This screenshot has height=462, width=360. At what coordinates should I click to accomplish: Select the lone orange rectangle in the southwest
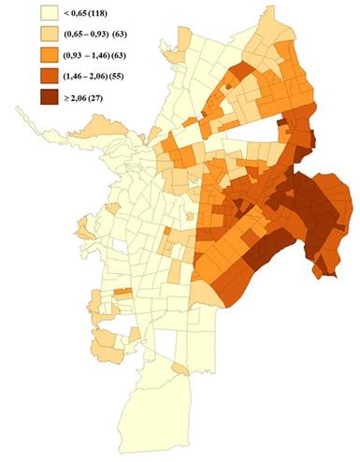coord(121,294)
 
